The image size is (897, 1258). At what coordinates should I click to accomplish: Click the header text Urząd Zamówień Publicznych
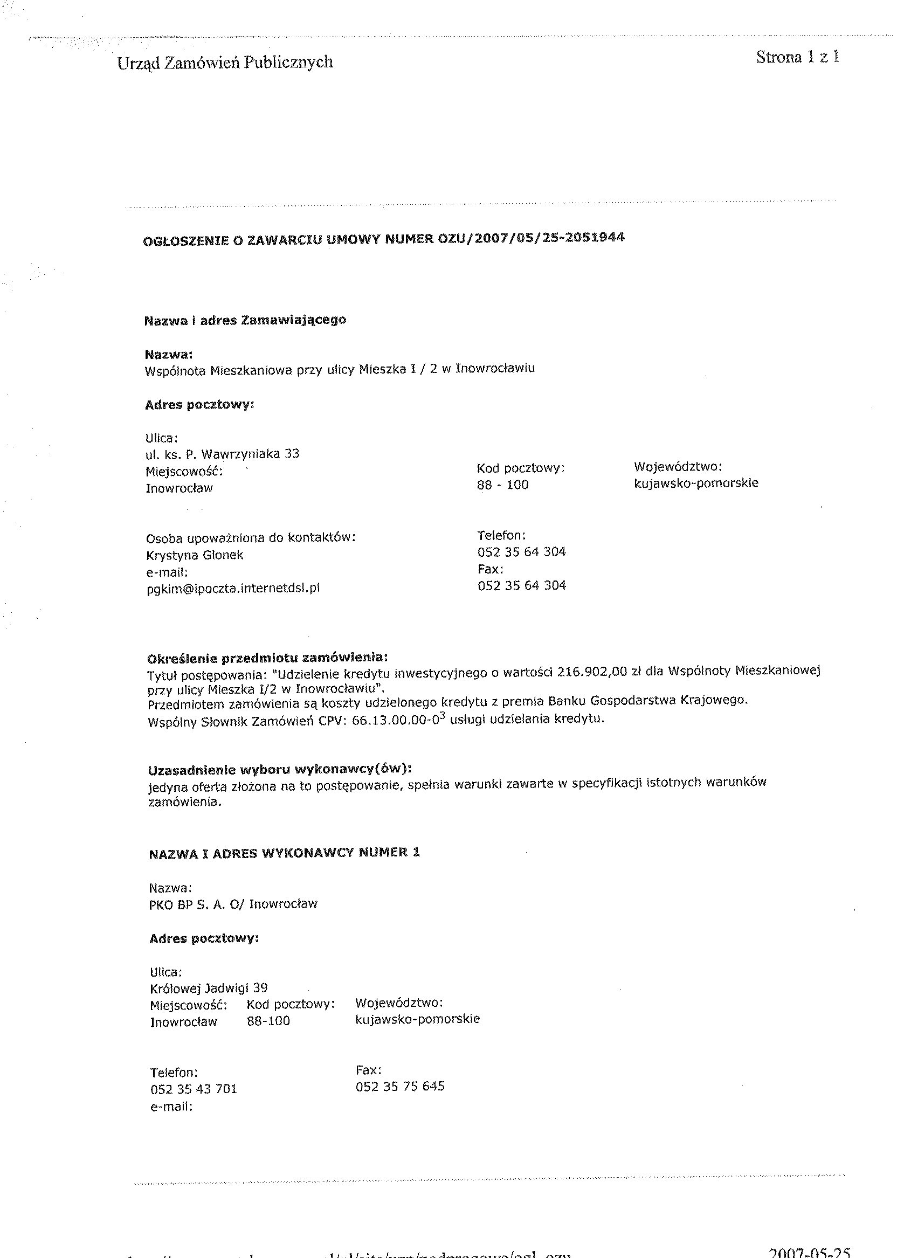pyautogui.click(x=225, y=63)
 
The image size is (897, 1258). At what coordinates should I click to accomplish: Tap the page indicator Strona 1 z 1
pyautogui.click(x=798, y=57)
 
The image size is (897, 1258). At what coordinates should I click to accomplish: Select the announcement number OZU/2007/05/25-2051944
pyautogui.click(x=531, y=238)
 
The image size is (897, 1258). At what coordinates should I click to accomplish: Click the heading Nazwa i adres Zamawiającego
pyautogui.click(x=245, y=320)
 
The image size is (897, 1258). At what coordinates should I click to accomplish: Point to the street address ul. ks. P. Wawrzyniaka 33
pyautogui.click(x=222, y=454)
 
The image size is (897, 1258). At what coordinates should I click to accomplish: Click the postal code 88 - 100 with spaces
pyautogui.click(x=502, y=485)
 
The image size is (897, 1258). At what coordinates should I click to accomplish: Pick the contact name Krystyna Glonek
pyautogui.click(x=195, y=555)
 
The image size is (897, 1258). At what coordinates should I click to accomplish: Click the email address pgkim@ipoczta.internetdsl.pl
pyautogui.click(x=233, y=589)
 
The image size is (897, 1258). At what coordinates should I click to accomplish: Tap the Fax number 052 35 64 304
pyautogui.click(x=522, y=585)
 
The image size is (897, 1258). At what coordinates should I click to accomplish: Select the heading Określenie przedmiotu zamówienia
pyautogui.click(x=267, y=658)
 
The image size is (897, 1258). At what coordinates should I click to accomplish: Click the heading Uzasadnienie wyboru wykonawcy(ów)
pyautogui.click(x=280, y=770)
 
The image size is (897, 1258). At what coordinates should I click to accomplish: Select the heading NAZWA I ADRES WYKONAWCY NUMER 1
pyautogui.click(x=285, y=853)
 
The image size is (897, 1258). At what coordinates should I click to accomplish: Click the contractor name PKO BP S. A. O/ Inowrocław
pyautogui.click(x=233, y=904)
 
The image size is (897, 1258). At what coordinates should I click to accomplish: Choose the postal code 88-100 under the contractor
pyautogui.click(x=268, y=1021)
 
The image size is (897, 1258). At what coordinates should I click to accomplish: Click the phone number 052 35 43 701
pyautogui.click(x=194, y=1088)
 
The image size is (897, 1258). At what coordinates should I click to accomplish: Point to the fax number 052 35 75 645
pyautogui.click(x=400, y=1086)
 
